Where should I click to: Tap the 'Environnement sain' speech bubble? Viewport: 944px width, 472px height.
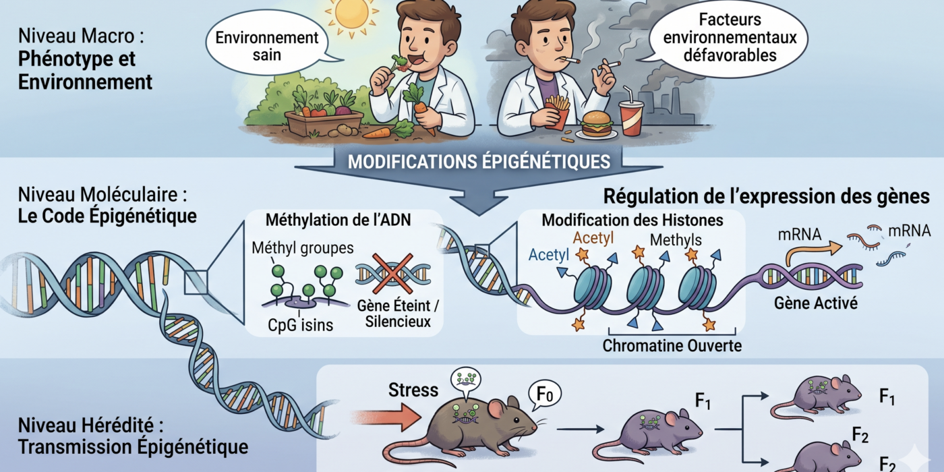coord(267,44)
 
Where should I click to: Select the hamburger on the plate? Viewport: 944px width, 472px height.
coord(596,123)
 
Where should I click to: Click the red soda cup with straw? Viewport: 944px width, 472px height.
coord(631,116)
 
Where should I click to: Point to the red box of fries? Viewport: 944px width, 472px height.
coord(557,113)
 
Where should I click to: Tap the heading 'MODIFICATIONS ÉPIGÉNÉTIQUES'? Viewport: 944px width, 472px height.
coord(479,161)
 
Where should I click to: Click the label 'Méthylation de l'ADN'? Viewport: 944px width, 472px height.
coord(338,220)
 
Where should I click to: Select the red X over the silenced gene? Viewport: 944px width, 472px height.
coord(392,274)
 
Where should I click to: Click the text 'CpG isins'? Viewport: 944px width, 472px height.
coord(301,325)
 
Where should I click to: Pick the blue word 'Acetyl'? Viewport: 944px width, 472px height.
coord(549,255)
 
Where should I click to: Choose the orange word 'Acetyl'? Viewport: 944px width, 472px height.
coord(593,238)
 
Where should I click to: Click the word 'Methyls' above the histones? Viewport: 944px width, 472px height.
coord(676,240)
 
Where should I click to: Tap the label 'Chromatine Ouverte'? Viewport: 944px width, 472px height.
coord(672,345)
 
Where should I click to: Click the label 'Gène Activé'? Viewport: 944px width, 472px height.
coord(815,303)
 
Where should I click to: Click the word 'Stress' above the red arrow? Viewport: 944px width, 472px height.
coord(413,390)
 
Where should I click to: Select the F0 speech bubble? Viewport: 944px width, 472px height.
coord(545,395)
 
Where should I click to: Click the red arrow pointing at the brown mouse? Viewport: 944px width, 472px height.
coord(387,417)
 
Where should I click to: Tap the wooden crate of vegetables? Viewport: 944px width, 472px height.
coord(324,124)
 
